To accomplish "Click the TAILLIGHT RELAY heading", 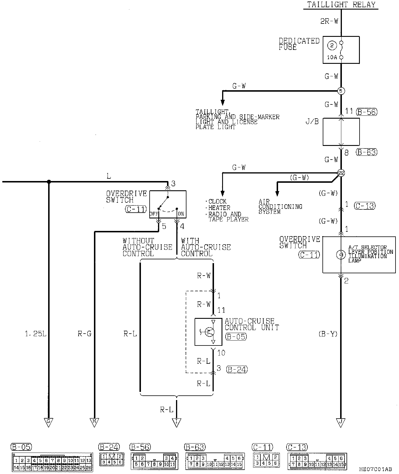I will [x=341, y=5].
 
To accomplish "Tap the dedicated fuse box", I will [x=341, y=50].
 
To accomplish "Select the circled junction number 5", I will [x=341, y=91].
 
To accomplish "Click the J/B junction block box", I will [x=341, y=132].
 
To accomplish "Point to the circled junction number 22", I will [x=341, y=173].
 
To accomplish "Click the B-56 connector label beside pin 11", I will [x=367, y=112].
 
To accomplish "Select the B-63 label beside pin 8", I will [x=367, y=152].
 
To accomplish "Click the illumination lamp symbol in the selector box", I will [x=341, y=255].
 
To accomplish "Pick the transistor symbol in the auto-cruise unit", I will [x=209, y=332].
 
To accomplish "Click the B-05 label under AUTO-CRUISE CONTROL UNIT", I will [x=235, y=337].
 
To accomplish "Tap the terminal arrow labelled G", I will [x=48, y=422].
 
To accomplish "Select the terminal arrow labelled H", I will [x=94, y=422].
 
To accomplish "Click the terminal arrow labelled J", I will [x=341, y=422].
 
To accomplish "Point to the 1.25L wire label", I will [x=36, y=334].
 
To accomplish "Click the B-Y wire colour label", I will [x=328, y=334].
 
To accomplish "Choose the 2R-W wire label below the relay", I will [x=329, y=21].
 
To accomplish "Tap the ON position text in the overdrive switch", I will [x=181, y=214].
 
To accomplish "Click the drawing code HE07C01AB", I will [x=376, y=469].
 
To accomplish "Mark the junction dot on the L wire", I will [x=49, y=182].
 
